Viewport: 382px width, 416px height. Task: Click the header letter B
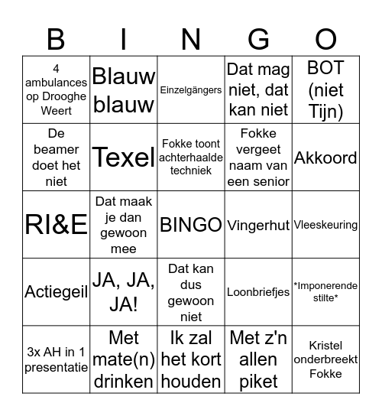click(x=56, y=39)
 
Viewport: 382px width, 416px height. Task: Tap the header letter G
click(x=259, y=39)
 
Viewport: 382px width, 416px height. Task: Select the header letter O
click(x=326, y=39)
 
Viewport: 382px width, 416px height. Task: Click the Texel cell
click(x=124, y=158)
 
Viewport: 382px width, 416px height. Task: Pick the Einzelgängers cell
click(x=191, y=90)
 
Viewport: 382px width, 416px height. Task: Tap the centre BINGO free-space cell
click(x=191, y=225)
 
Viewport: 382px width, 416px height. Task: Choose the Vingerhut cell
click(x=258, y=226)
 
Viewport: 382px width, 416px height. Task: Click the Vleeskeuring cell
click(x=326, y=225)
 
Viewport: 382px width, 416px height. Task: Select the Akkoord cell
click(x=326, y=158)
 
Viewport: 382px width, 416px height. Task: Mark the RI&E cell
click(x=57, y=225)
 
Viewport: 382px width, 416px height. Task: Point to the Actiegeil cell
click(x=57, y=292)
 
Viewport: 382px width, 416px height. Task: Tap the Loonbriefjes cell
click(x=258, y=292)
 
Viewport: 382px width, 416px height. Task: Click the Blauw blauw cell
click(x=124, y=90)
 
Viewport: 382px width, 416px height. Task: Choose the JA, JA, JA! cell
click(x=124, y=292)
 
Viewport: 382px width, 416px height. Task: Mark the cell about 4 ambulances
click(x=57, y=90)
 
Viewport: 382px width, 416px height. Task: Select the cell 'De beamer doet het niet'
click(x=57, y=158)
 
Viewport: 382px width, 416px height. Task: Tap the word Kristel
click(x=326, y=345)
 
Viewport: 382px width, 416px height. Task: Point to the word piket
click(x=258, y=381)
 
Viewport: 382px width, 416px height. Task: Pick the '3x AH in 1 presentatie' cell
click(x=57, y=359)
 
